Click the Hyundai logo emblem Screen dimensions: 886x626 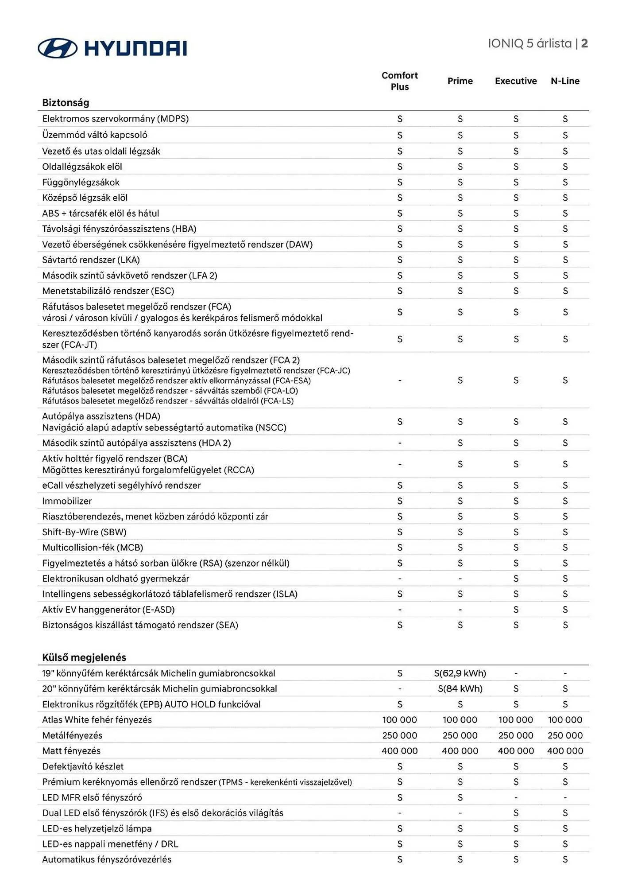[x=58, y=48]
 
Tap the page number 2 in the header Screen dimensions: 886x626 [x=584, y=43]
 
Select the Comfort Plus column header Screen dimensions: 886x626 [x=399, y=81]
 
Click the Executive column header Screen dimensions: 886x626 [x=516, y=81]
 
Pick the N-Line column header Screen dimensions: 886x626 [x=565, y=81]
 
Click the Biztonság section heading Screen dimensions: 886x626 [x=66, y=103]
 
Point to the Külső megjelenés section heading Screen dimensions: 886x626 [x=84, y=657]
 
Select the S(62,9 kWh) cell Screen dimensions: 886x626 [x=460, y=673]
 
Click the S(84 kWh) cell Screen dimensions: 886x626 [x=460, y=689]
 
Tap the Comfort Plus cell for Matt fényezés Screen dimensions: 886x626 [x=399, y=751]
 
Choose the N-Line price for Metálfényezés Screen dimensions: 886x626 [x=565, y=735]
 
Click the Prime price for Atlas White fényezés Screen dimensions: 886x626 [x=460, y=720]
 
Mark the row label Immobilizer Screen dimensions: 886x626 [x=67, y=501]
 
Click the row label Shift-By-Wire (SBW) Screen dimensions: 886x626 [x=84, y=532]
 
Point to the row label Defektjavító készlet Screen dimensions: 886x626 [x=83, y=766]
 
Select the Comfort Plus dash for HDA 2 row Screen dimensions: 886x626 [x=400, y=443]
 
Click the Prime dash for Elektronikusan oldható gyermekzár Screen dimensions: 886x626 [x=460, y=579]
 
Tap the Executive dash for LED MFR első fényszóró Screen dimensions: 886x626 [x=516, y=797]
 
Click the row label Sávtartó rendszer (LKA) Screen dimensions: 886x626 [x=91, y=260]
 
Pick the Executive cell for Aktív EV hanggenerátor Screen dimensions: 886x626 [x=516, y=610]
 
